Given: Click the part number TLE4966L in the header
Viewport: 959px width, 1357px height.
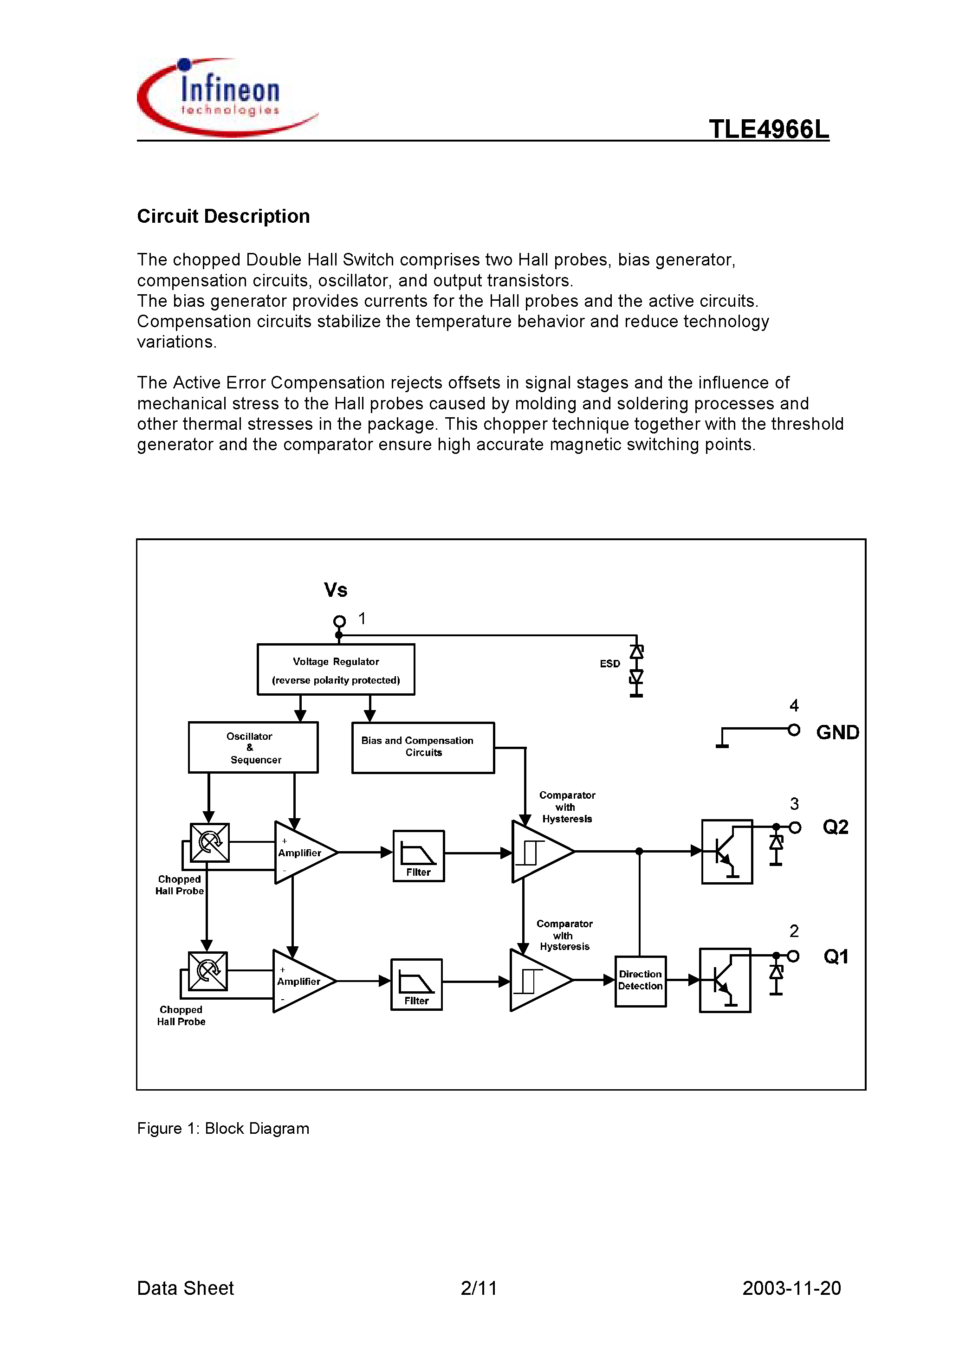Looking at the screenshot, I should tap(768, 129).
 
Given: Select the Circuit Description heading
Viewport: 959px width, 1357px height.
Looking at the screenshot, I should tap(223, 216).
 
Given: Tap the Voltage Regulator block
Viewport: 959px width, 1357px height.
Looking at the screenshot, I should tap(336, 670).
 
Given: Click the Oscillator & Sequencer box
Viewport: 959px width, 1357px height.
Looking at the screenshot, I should tap(253, 748).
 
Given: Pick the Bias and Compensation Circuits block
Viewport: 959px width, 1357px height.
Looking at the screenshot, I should tap(423, 748).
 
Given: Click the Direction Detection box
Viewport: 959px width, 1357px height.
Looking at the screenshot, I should tap(640, 981).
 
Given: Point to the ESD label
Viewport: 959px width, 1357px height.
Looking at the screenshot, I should tap(609, 664).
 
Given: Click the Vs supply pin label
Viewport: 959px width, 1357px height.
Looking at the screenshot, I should tap(335, 590).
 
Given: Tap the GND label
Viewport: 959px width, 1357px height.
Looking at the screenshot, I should tap(837, 733).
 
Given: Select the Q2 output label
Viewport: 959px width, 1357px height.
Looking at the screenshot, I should tap(836, 827).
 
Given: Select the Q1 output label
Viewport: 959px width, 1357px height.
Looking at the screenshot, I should tap(836, 956).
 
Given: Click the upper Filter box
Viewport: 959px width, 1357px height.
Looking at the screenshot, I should tap(419, 856).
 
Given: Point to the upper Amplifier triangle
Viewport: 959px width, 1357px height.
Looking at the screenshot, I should tap(302, 852).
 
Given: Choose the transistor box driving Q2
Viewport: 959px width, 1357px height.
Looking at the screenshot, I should tap(726, 852).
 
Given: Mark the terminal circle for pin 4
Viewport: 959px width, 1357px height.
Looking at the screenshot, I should tap(794, 730).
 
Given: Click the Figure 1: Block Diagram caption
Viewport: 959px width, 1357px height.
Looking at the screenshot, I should tap(223, 1128).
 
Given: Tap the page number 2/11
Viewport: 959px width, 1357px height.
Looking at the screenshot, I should tap(478, 1288).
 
